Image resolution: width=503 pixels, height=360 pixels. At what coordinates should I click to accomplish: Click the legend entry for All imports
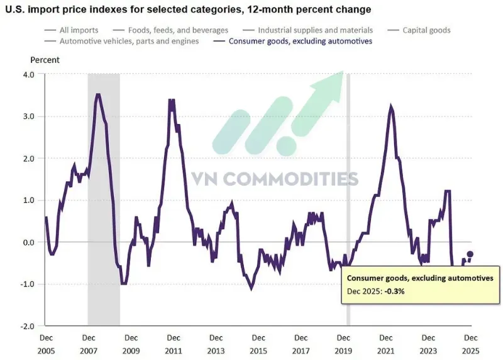tap(72, 30)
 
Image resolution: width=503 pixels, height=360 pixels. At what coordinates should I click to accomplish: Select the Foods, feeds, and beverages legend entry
tap(170, 30)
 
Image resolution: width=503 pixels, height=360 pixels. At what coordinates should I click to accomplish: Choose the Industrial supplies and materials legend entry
tap(308, 30)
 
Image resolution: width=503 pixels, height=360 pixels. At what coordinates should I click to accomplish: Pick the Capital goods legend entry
tap(419, 30)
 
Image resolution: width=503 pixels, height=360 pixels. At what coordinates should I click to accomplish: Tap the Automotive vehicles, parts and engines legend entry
tap(122, 41)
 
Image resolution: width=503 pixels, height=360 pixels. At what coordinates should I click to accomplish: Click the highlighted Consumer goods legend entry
tap(293, 41)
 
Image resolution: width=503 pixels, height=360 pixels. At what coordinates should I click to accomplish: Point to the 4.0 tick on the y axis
tap(28, 74)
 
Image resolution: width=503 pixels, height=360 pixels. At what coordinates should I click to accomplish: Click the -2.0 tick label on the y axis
tap(27, 326)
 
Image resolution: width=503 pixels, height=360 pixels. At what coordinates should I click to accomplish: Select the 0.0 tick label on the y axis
tap(28, 242)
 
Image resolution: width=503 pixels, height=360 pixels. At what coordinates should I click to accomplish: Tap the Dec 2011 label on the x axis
tap(174, 344)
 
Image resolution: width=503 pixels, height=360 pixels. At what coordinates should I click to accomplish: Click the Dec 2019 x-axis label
tap(343, 344)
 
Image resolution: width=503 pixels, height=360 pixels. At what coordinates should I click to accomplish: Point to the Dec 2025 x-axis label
tap(470, 344)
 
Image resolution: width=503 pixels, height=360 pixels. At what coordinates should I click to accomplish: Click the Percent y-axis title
tap(45, 60)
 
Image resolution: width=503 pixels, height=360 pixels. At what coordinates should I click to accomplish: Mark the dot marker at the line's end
tap(470, 254)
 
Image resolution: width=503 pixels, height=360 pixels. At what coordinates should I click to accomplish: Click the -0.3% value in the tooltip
tap(394, 291)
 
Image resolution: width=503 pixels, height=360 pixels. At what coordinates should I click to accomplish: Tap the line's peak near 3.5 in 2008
tap(98, 94)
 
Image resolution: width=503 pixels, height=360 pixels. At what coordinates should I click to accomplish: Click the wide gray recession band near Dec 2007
tap(104, 200)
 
